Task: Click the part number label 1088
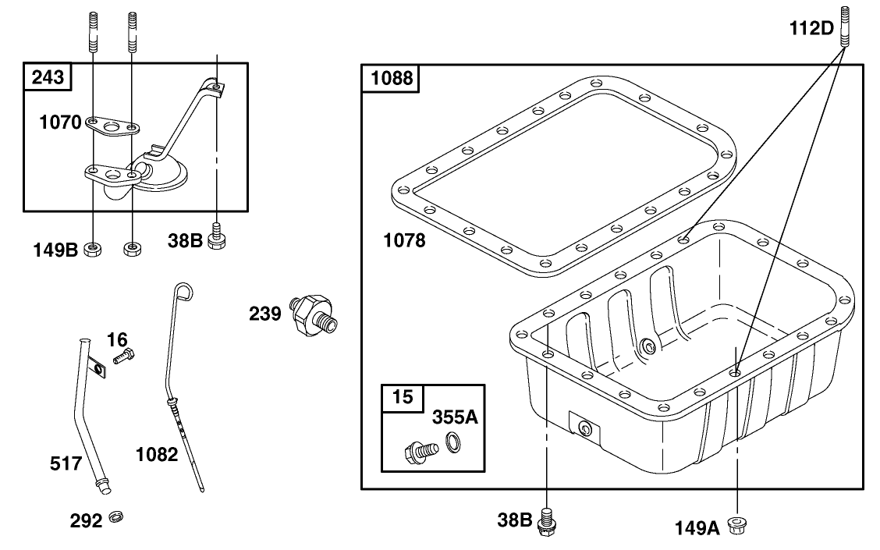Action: pos(389,78)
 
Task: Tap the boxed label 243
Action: pos(48,76)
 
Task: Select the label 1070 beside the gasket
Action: pos(61,122)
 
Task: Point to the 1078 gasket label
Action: pos(404,241)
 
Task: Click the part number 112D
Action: pos(810,30)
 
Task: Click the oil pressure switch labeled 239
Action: pos(313,314)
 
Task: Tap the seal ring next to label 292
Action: pos(117,518)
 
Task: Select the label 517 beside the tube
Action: pos(66,464)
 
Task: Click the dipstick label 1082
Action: pos(157,454)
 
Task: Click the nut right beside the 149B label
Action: pos(92,250)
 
